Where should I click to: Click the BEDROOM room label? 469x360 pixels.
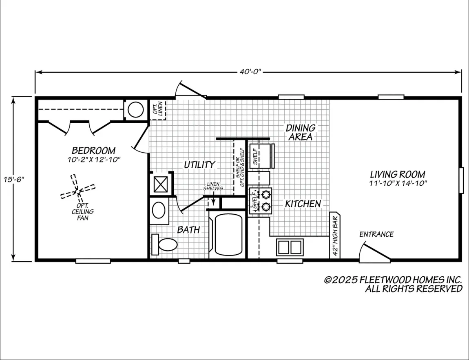[94, 150]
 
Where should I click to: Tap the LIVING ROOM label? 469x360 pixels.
[398, 174]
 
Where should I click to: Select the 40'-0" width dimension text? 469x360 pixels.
[250, 72]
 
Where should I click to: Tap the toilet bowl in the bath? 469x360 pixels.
[168, 245]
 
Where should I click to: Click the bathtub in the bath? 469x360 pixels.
[228, 234]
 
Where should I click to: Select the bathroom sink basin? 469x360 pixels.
[159, 210]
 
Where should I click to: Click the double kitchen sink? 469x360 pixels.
[290, 247]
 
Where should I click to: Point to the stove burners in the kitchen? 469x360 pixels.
[265, 200]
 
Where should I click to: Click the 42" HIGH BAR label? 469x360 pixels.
[335, 236]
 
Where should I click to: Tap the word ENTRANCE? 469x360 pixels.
[376, 234]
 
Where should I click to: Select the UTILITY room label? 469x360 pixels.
[199, 164]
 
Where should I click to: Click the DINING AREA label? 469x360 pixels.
[301, 132]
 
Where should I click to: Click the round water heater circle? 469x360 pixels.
[136, 109]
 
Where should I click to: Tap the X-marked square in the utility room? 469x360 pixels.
[161, 184]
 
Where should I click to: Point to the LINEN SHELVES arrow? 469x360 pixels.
[213, 199]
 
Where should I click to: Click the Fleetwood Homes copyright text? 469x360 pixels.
[393, 284]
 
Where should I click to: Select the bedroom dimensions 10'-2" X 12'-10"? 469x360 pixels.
[94, 159]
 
